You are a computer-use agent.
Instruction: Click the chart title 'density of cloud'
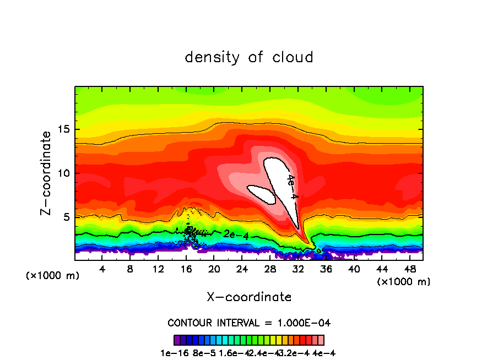pos(249,57)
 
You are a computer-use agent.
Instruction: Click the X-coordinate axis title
pos(249,297)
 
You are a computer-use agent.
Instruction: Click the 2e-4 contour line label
pos(236,234)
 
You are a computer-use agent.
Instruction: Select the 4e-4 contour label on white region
pos(292,187)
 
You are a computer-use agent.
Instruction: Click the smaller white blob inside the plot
pos(262,194)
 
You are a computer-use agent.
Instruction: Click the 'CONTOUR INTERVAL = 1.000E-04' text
pos(249,323)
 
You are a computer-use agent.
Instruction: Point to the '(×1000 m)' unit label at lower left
pos(53,275)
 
